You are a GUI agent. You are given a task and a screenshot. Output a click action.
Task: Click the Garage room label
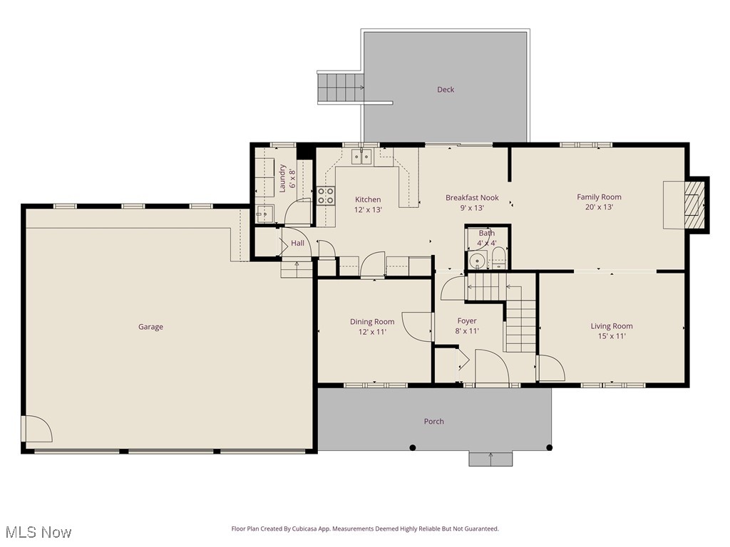(150, 327)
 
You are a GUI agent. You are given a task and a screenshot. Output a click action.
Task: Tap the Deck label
(446, 90)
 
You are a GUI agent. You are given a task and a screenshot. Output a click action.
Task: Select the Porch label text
(433, 422)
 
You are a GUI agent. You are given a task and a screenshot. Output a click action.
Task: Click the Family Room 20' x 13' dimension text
(599, 207)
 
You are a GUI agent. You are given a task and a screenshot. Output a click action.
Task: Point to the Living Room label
(612, 326)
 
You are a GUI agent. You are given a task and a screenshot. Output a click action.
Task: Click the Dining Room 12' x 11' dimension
(371, 332)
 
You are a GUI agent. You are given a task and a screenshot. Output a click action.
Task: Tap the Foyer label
(467, 321)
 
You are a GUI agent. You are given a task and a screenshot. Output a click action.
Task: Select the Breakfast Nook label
(472, 198)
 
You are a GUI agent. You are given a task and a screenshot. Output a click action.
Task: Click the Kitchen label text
(368, 199)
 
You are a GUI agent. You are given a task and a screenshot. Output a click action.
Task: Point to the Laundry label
(282, 177)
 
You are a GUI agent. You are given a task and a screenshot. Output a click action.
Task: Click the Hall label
(297, 244)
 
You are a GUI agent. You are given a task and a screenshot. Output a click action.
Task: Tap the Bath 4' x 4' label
(487, 238)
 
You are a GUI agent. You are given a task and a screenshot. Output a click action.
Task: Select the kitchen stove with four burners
(326, 196)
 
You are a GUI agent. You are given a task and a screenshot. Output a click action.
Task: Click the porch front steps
(490, 459)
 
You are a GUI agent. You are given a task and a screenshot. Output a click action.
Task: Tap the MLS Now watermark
(38, 532)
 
